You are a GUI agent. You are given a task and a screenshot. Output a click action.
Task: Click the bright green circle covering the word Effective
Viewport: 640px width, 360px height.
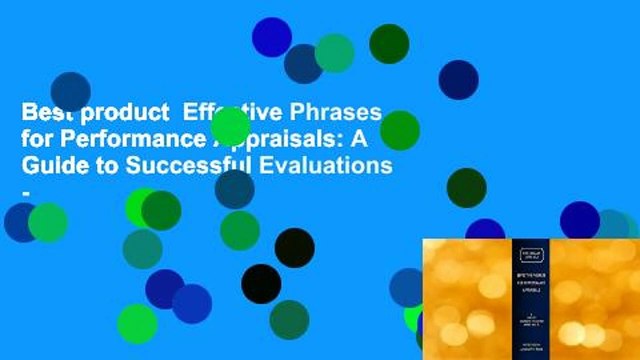pos(230,126)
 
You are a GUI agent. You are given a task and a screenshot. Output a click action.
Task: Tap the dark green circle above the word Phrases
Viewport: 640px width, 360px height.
pos(389,43)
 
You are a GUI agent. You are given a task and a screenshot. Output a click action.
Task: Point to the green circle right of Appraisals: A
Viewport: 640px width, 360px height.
pos(400,130)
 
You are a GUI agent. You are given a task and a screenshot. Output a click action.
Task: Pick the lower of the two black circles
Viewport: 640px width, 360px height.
pos(261,284)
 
